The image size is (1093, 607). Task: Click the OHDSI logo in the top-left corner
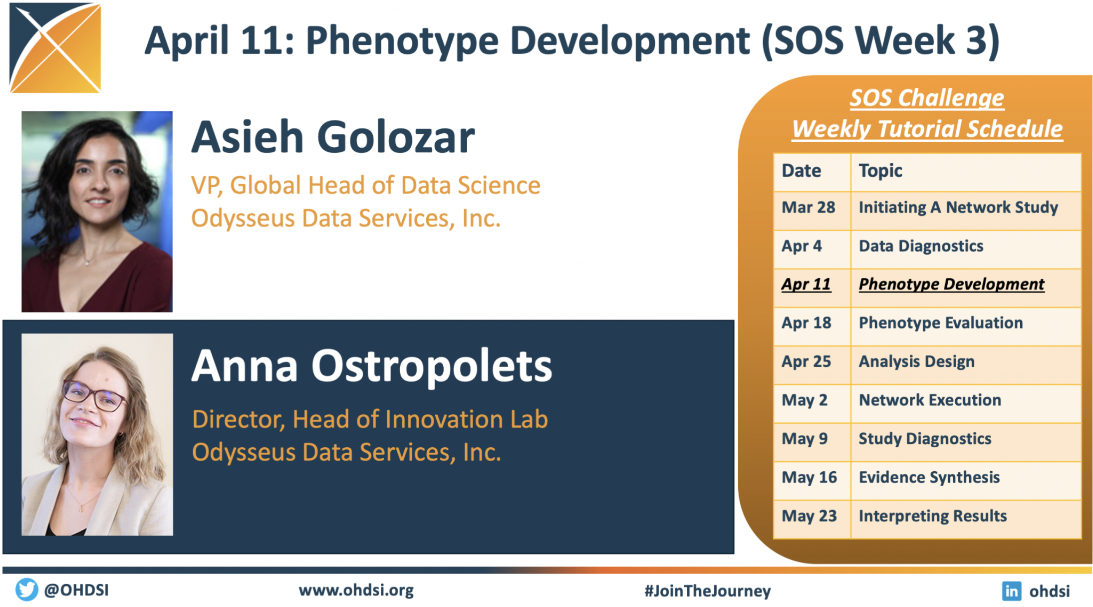55,48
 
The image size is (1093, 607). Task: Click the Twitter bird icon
26,590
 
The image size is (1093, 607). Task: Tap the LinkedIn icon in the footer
1011,591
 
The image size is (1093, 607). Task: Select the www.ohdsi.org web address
356,591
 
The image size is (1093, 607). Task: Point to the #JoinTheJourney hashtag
707,591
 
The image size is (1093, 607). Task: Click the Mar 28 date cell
812,211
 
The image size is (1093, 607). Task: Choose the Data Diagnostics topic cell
966,250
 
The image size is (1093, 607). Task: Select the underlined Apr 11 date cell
812,288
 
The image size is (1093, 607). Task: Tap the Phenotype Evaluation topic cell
966,326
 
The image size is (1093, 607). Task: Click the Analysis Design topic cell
966,365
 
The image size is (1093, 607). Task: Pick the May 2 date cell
812,403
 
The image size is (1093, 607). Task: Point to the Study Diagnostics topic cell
966,442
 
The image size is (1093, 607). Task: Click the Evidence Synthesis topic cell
966,481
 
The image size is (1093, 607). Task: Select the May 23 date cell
812,520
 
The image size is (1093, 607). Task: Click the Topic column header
966,172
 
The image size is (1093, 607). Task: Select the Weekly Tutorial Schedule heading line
927,129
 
